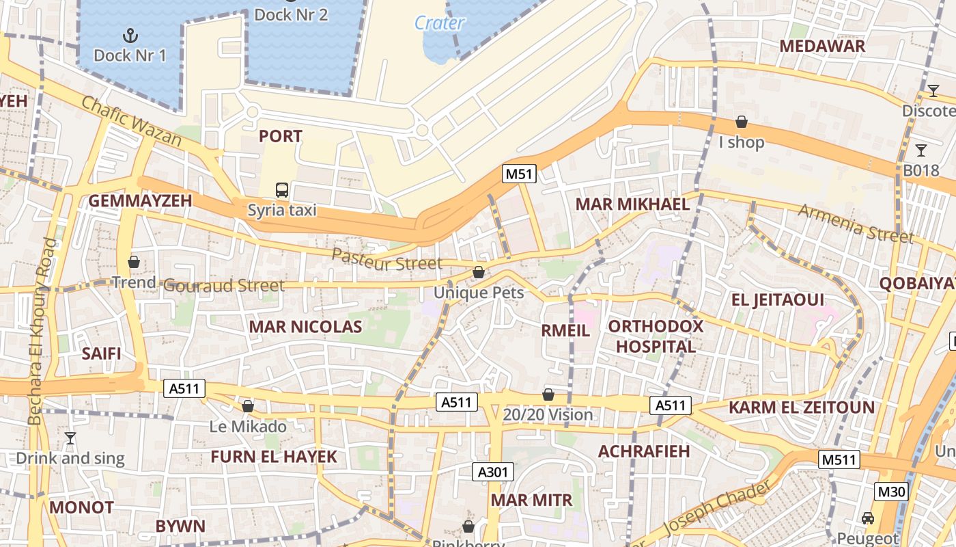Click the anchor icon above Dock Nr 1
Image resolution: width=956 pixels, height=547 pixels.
tap(130, 35)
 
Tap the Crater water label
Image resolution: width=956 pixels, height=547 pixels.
tap(440, 23)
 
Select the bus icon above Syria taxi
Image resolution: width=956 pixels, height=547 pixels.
tap(281, 189)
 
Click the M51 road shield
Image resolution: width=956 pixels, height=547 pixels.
tap(519, 174)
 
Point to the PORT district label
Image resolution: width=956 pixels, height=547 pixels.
tap(280, 136)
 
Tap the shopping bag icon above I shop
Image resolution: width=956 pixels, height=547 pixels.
tap(741, 122)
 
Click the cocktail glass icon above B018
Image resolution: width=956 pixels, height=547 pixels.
tap(921, 150)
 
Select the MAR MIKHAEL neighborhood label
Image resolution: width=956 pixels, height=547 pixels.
tap(632, 204)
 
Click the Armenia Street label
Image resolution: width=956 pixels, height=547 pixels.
tap(856, 223)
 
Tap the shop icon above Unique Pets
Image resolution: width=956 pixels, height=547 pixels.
tap(479, 272)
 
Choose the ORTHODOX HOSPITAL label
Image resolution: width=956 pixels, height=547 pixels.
tap(656, 336)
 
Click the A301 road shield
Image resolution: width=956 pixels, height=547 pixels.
tap(492, 471)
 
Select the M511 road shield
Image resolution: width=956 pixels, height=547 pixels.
tap(839, 459)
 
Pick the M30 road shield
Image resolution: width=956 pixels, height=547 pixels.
tap(891, 491)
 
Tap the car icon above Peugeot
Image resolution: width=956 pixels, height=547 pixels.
tap(868, 518)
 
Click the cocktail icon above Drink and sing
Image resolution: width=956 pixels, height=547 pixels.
tap(70, 438)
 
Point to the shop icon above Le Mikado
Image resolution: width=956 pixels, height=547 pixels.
tap(248, 406)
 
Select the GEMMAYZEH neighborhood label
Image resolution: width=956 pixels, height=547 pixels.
tap(140, 200)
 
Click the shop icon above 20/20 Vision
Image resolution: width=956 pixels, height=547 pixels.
tap(548, 395)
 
